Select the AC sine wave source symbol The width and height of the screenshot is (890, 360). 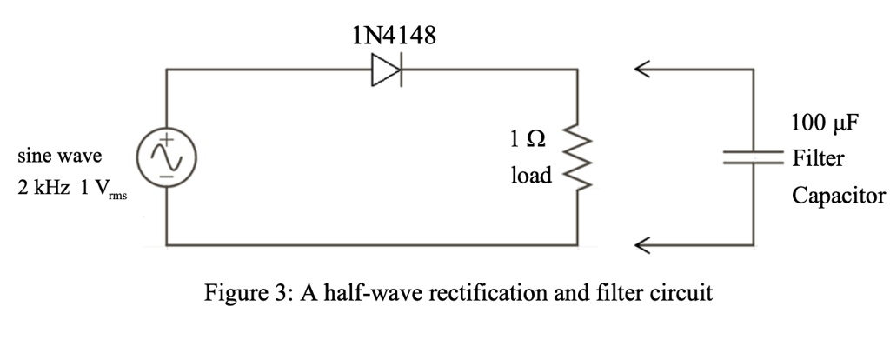[x=165, y=157]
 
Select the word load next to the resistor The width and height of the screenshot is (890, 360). [x=530, y=176]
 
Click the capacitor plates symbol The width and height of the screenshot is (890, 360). [x=754, y=157]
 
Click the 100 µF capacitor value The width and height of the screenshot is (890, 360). [x=824, y=123]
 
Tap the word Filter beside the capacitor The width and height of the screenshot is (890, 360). [x=817, y=159]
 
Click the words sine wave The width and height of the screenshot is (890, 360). [x=59, y=157]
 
